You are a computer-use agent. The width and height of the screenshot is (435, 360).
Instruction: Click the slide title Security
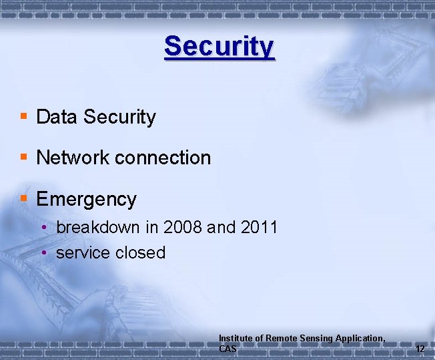coord(219,46)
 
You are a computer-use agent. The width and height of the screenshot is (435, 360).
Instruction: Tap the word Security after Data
coord(119,118)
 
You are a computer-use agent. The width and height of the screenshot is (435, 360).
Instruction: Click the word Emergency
coord(86,199)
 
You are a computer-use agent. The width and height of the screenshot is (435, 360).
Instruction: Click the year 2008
coord(182,227)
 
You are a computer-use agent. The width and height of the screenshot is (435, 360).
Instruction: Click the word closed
coord(140,252)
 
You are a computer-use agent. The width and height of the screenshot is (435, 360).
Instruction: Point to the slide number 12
coord(420,349)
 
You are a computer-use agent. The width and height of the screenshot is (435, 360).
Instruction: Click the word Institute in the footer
coord(235,338)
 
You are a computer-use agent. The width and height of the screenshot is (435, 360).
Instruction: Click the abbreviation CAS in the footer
coord(228,349)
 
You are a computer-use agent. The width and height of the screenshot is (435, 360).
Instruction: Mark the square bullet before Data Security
coord(23,116)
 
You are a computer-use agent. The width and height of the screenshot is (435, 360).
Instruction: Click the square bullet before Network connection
coord(23,157)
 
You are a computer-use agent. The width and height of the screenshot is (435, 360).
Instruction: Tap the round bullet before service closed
coord(43,253)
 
